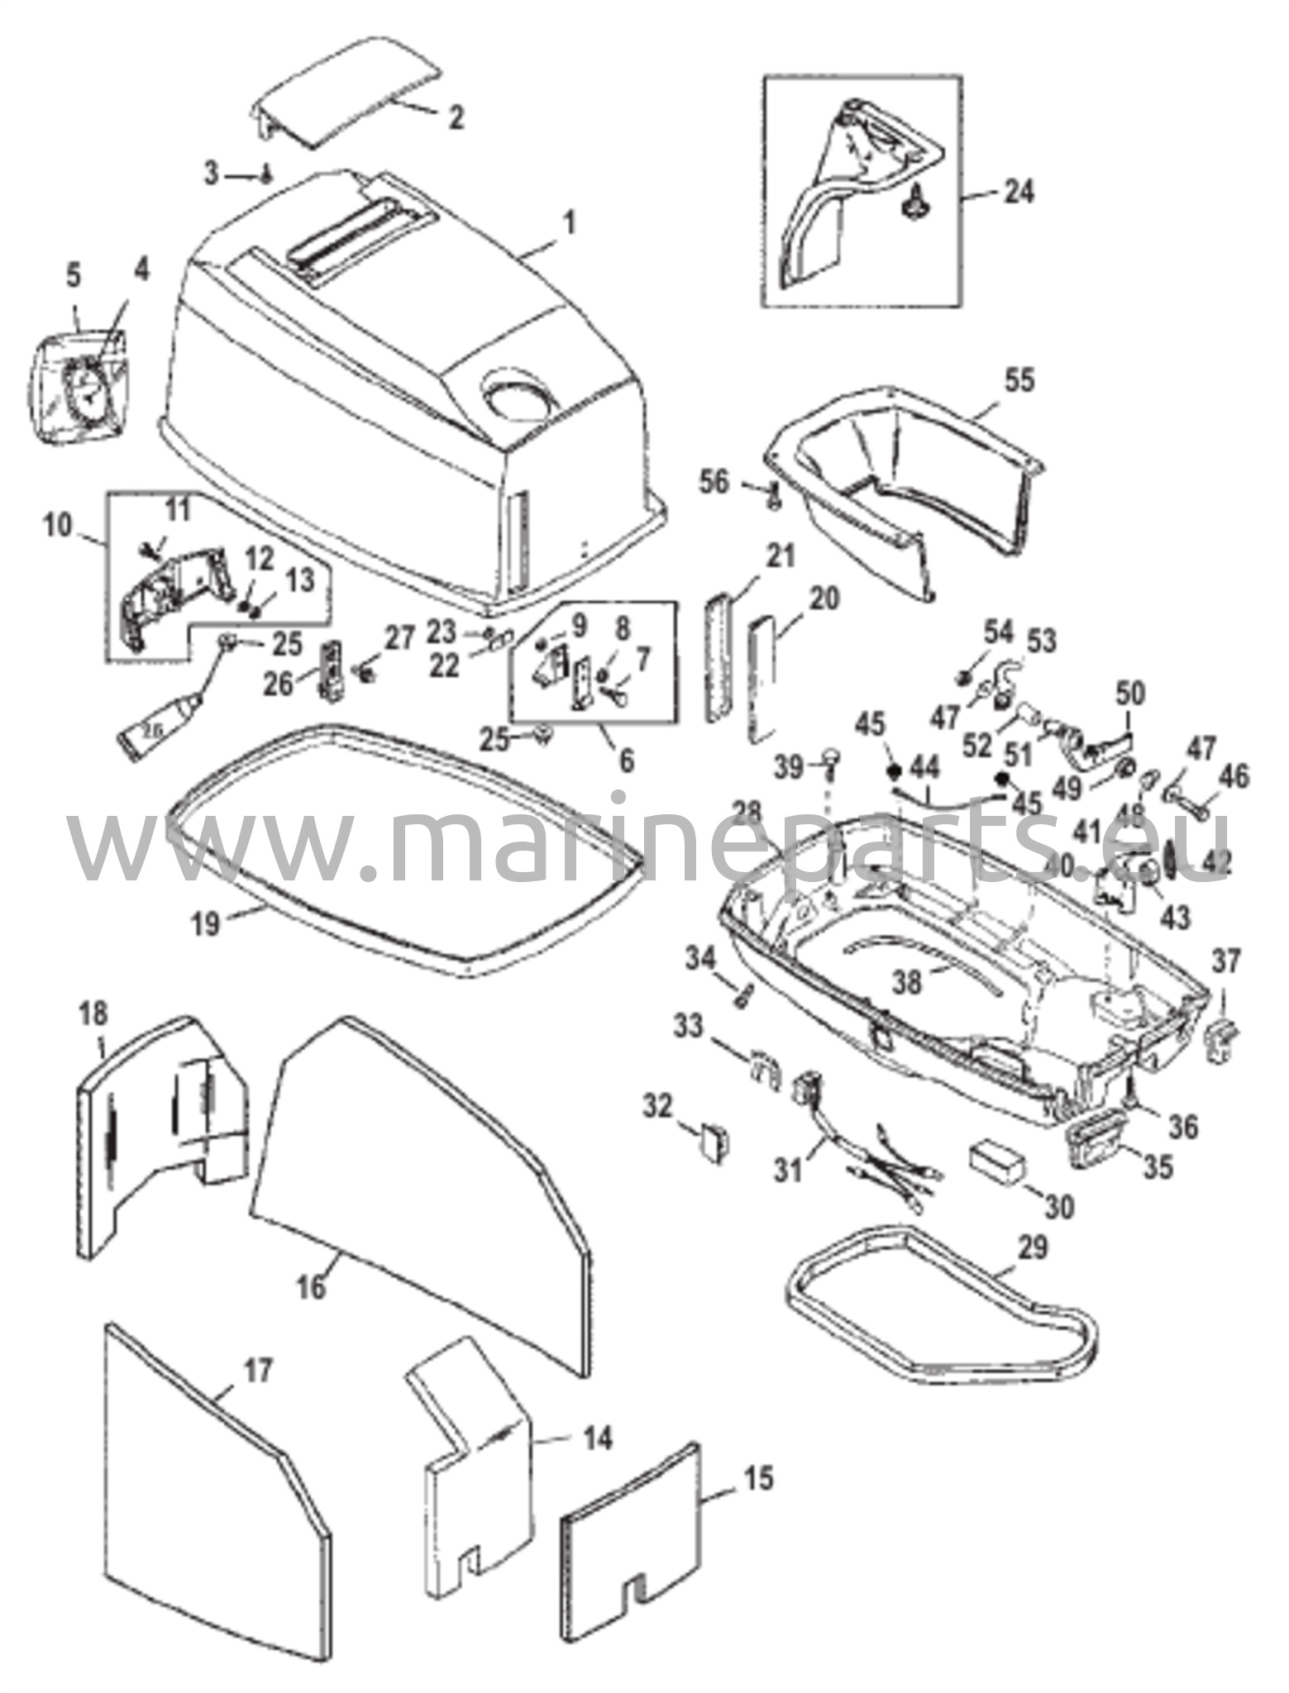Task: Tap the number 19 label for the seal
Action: click(x=207, y=923)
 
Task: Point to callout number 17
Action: click(x=258, y=1372)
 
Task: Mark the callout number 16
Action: click(x=312, y=1288)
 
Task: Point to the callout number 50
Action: click(x=1131, y=694)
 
